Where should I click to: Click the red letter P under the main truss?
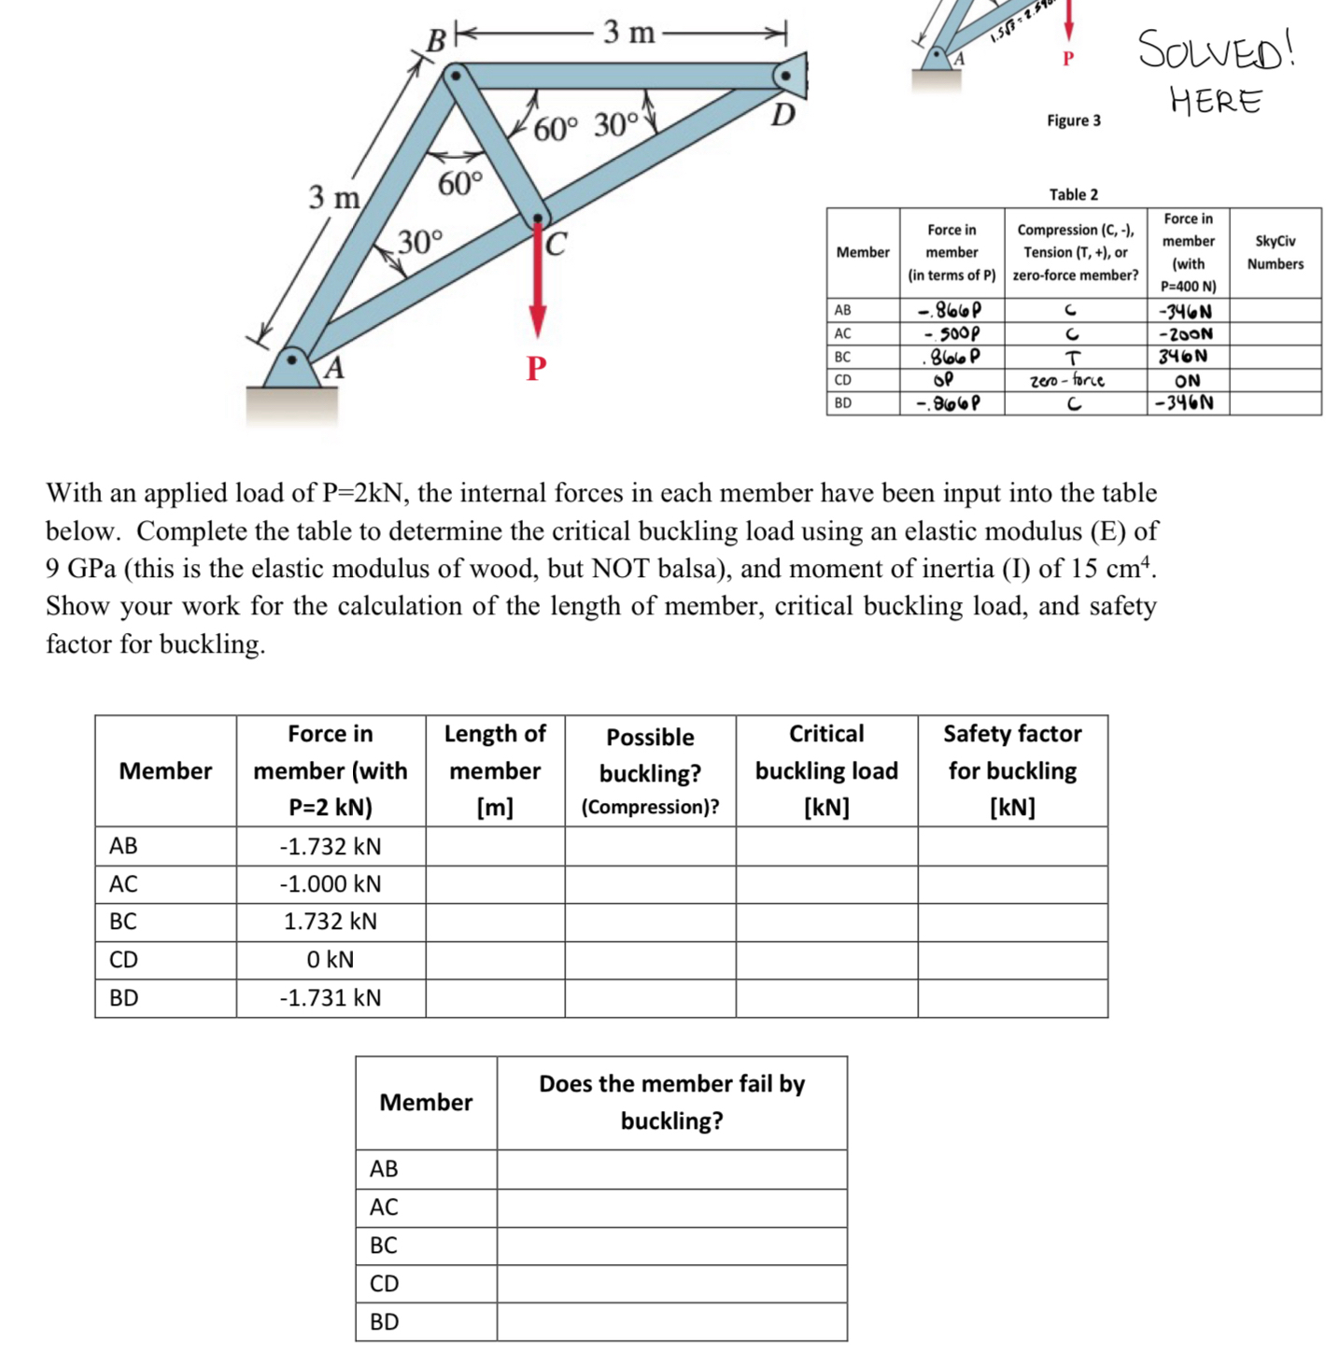click(536, 368)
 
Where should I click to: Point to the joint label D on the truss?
click(783, 115)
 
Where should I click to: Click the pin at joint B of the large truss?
click(455, 74)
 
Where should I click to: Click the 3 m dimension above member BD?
click(628, 33)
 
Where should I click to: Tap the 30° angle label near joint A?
click(421, 242)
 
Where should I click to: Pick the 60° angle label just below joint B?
click(461, 184)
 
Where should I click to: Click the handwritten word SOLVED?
click(1216, 49)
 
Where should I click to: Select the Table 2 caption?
click(1073, 194)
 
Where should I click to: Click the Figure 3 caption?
click(1073, 120)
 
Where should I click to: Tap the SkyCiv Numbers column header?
click(1275, 252)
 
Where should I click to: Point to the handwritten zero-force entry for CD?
click(1066, 381)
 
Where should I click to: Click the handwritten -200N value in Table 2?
click(1186, 333)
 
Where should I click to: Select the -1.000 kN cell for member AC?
click(331, 884)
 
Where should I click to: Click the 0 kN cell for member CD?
click(331, 960)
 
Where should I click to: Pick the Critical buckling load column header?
click(826, 770)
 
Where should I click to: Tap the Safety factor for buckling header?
click(1012, 770)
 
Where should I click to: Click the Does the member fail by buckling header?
click(671, 1102)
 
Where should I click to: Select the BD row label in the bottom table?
click(384, 1321)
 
